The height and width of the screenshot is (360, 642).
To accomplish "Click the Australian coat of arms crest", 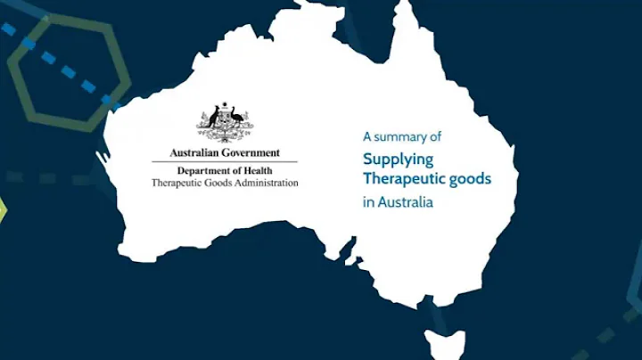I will (x=224, y=123).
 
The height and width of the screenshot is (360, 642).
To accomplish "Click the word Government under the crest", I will (x=250, y=153).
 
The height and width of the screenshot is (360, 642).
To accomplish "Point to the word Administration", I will (x=265, y=183).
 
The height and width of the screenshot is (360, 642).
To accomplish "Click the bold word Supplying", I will (x=398, y=159).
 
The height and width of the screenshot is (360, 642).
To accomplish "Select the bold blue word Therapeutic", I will (x=405, y=178).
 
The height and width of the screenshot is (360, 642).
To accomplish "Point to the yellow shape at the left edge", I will (x=3, y=210).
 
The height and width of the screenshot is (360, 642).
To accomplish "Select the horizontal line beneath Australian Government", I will (x=224, y=161).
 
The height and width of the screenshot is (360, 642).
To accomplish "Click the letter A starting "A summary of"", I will (x=366, y=137).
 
